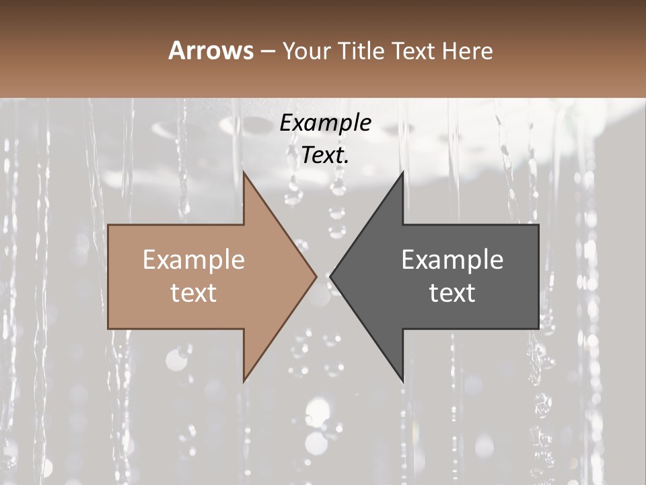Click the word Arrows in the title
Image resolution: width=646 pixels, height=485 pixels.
pos(211,51)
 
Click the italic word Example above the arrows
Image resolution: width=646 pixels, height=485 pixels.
pos(325,123)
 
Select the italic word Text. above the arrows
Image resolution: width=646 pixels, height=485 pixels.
pos(325,156)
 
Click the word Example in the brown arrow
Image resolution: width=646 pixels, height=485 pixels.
pos(194,260)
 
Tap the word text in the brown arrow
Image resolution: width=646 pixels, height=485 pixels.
pos(194,293)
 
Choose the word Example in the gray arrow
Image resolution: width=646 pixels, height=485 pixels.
pos(452,260)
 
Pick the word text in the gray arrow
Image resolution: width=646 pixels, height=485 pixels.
pos(452,293)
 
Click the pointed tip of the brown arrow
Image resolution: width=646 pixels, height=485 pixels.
pos(316,276)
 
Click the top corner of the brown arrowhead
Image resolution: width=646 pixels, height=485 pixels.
pos(244,172)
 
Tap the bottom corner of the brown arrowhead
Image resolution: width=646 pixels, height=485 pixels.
pos(244,381)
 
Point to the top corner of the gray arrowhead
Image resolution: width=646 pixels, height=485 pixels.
pos(402,172)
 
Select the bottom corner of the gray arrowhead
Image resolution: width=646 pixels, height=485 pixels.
pos(402,381)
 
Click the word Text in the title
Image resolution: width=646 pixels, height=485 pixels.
pos(413,51)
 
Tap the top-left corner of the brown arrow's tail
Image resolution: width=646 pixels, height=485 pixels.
pos(108,225)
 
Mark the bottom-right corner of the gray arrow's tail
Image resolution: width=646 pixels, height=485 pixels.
pos(538,329)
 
